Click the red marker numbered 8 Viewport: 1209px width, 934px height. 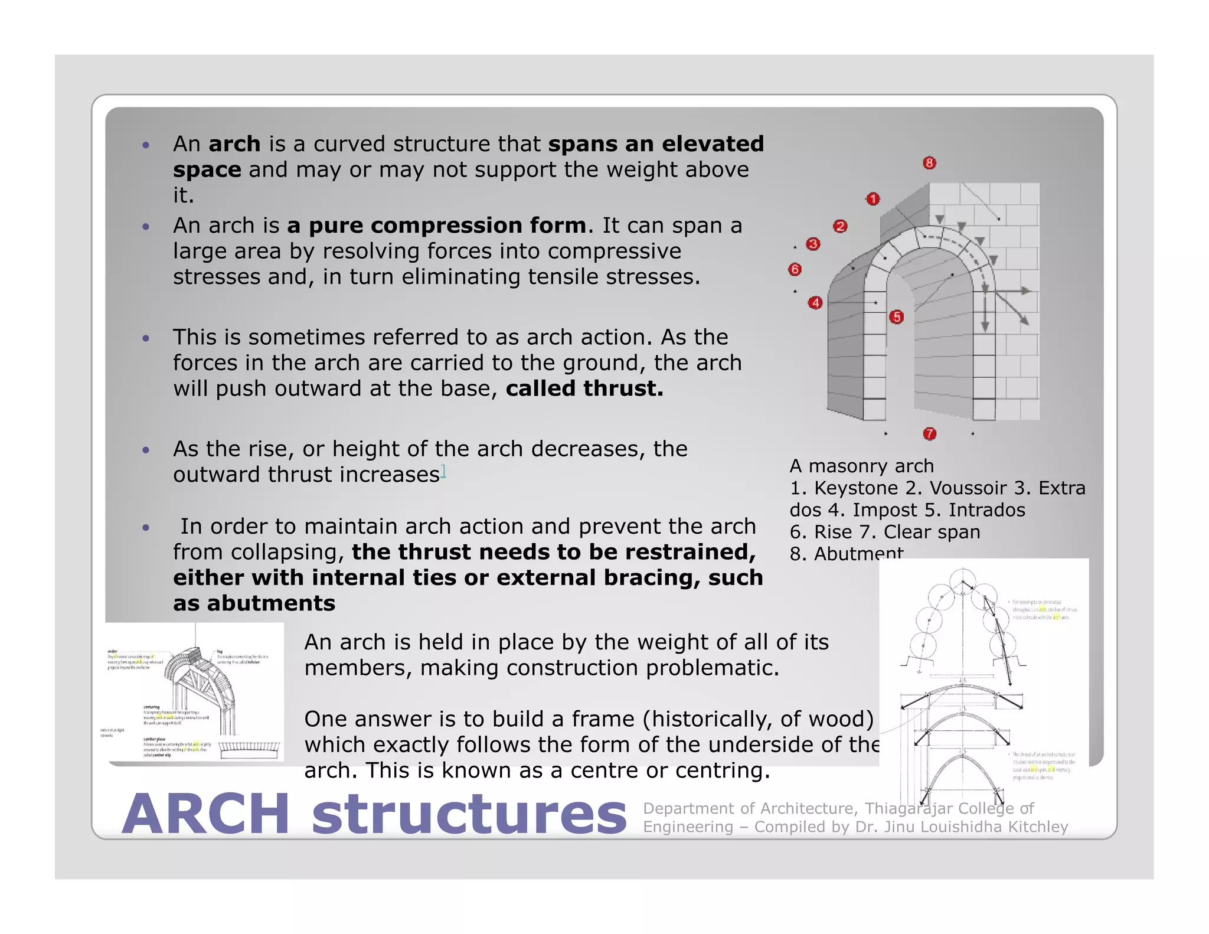[x=929, y=163]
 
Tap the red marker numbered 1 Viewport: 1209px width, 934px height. [x=873, y=199]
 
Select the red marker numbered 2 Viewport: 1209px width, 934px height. [x=840, y=226]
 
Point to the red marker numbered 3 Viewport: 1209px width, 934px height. [x=813, y=244]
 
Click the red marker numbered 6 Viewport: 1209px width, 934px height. [x=795, y=269]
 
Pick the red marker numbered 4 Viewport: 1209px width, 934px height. [x=815, y=303]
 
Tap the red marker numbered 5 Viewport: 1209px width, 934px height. [x=896, y=317]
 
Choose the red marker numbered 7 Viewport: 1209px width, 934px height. [x=929, y=434]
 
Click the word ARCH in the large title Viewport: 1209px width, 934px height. [x=205, y=814]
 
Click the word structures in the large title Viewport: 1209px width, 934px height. [x=469, y=814]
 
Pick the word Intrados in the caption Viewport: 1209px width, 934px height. [x=987, y=510]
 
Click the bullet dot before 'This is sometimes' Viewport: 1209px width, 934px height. [x=146, y=338]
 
